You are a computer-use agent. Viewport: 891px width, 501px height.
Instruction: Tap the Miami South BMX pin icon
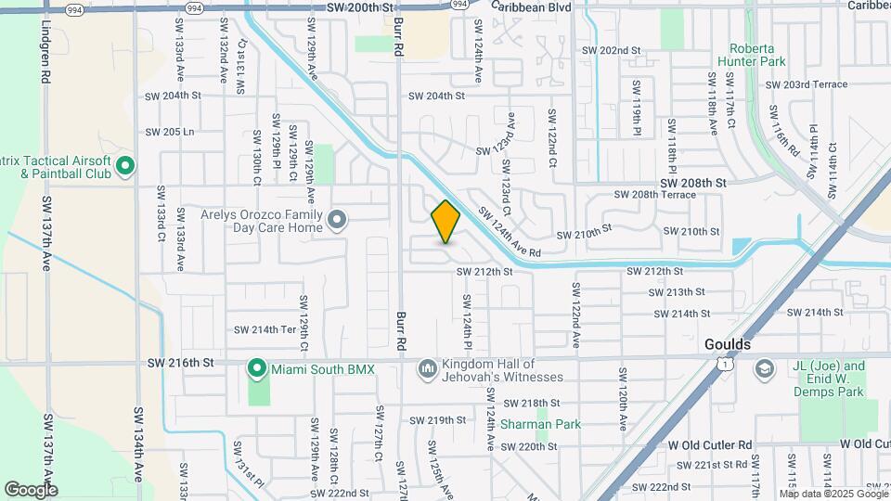pos(257,369)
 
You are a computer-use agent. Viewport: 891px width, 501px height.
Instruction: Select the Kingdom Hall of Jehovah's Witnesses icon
pos(427,369)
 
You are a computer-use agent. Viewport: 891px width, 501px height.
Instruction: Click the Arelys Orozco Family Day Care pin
pos(338,220)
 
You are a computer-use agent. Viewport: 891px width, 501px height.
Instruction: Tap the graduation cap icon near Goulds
pos(765,369)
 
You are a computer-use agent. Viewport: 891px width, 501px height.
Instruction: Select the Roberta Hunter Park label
pos(756,54)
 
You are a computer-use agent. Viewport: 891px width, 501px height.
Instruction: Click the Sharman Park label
pos(540,425)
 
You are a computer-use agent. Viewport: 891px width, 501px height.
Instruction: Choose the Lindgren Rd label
pos(45,56)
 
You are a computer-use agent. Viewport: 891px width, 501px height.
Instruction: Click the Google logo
pos(31,489)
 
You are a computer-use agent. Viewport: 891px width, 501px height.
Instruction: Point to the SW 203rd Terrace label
pos(807,84)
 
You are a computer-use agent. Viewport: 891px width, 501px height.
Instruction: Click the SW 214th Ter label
pos(265,329)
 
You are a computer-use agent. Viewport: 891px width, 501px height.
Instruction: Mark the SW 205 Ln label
pos(170,132)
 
